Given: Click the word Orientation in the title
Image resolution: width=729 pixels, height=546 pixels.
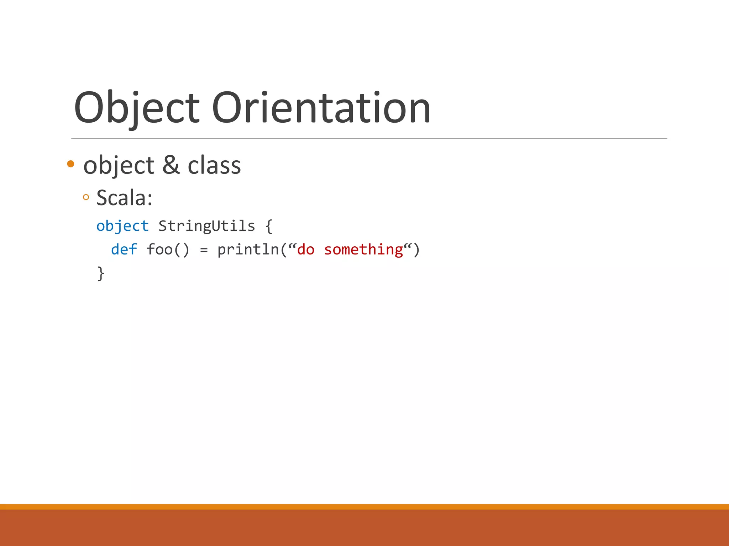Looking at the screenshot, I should (x=321, y=108).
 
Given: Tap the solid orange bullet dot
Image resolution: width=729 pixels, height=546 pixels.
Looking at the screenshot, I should (x=70, y=164).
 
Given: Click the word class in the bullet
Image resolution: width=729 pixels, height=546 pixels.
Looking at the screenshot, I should (x=214, y=166).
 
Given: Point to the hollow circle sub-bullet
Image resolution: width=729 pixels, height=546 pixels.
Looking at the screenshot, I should (x=86, y=197).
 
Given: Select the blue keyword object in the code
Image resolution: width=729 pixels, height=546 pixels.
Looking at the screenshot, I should (x=122, y=226).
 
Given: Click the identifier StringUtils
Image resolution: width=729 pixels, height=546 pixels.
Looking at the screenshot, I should (x=206, y=226).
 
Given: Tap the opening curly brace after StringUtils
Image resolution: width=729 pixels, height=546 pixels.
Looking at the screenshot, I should (x=269, y=226).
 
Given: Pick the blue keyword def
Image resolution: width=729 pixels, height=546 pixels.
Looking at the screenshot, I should (x=124, y=250).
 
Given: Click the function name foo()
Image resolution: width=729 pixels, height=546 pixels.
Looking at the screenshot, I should (x=168, y=250).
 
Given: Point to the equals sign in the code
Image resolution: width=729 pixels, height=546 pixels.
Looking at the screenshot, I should (x=204, y=250).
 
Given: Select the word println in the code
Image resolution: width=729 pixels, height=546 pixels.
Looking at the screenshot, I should (x=248, y=250).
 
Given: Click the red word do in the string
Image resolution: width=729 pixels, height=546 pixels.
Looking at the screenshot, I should (x=306, y=250).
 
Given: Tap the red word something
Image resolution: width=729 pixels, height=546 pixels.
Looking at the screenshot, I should (x=363, y=250).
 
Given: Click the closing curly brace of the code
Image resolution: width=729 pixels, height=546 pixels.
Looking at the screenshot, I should (x=101, y=273).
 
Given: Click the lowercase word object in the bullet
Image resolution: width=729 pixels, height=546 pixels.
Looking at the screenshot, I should (x=119, y=166).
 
